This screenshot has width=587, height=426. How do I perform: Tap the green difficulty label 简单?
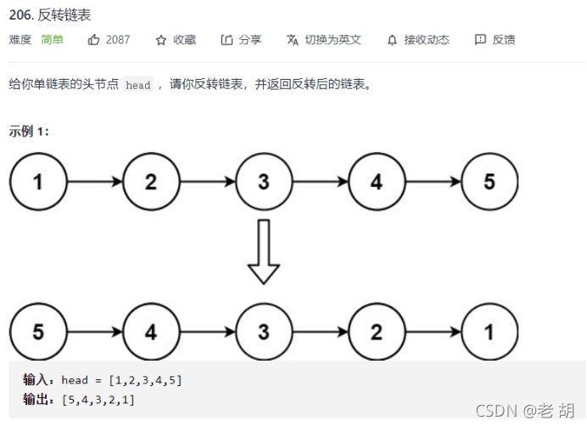click(x=52, y=40)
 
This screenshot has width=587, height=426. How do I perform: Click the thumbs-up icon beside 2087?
click(x=94, y=40)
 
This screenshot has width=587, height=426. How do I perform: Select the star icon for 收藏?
click(x=161, y=40)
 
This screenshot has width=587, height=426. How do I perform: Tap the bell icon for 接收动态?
click(x=392, y=40)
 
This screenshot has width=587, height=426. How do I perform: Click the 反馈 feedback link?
click(x=495, y=40)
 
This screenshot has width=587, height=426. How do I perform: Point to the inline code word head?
click(x=137, y=85)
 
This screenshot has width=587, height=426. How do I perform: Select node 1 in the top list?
click(x=37, y=182)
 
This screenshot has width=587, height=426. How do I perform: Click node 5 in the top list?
click(x=489, y=182)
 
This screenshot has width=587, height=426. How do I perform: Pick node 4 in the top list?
click(x=376, y=182)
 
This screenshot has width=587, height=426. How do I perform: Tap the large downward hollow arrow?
click(x=263, y=252)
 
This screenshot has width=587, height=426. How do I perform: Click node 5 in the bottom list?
click(x=37, y=332)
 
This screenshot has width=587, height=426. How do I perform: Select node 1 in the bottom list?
click(x=489, y=332)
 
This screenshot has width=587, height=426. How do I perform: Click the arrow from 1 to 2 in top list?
click(x=94, y=182)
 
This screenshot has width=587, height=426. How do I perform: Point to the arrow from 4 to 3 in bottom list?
click(x=207, y=332)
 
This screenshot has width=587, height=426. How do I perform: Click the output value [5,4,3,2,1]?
click(x=98, y=399)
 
